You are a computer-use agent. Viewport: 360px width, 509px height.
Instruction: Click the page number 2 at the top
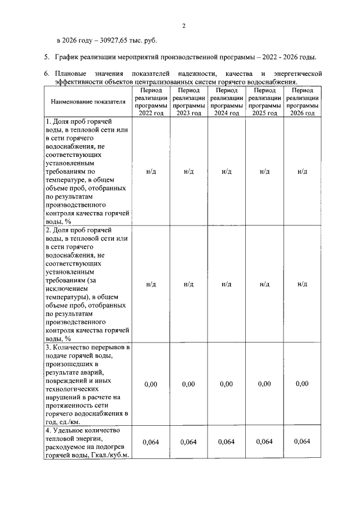tap(183, 25)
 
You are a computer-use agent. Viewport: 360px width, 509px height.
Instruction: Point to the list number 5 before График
tap(47, 57)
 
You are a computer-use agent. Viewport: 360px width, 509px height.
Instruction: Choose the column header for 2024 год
tap(226, 101)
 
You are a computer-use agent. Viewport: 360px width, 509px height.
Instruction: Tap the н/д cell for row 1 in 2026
tap(302, 172)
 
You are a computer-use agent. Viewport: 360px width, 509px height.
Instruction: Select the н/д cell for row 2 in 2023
tap(188, 285)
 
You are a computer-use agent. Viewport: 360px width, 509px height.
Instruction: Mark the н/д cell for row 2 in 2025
tap(264, 285)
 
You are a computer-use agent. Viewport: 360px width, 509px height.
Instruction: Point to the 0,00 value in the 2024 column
tap(226, 384)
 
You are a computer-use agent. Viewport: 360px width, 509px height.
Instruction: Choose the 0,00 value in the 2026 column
tap(302, 384)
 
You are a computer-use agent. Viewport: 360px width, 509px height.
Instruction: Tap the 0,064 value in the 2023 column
tap(188, 442)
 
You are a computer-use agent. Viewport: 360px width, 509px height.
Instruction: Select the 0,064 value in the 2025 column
tap(264, 442)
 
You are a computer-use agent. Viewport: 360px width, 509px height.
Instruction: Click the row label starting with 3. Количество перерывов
tap(87, 384)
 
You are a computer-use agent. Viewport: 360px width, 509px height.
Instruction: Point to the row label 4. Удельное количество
tap(87, 442)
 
